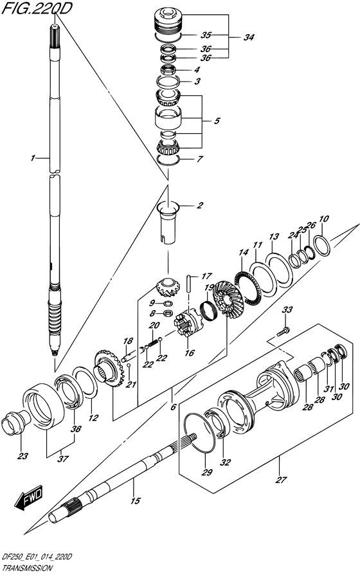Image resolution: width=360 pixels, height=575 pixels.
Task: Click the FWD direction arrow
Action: (29, 498)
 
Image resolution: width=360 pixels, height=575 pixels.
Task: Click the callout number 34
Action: (248, 37)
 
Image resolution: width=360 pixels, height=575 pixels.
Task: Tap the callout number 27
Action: (282, 480)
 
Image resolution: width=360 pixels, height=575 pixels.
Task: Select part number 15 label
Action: (135, 501)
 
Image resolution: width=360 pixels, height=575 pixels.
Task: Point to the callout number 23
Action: (22, 457)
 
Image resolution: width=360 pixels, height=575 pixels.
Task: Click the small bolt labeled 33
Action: (283, 331)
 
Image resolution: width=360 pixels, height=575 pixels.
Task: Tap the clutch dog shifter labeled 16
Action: (188, 324)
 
